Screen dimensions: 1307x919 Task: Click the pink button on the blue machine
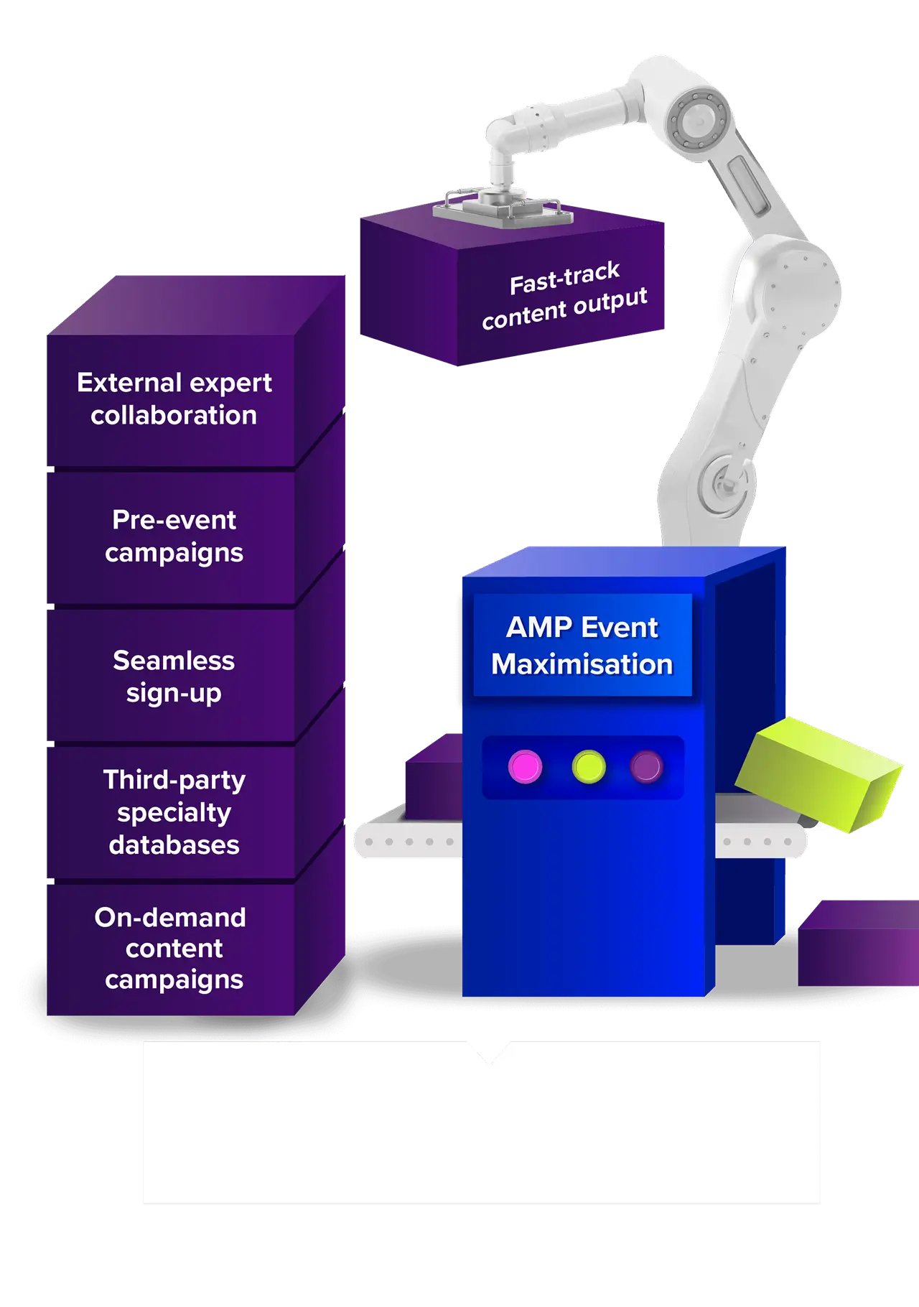[x=525, y=767]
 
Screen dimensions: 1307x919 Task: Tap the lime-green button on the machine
[x=589, y=767]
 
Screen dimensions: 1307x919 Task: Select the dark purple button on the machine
[x=646, y=767]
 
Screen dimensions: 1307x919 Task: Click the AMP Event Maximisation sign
[x=582, y=645]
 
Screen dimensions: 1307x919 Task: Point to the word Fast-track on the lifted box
[x=564, y=278]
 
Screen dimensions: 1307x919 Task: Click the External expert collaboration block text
[x=174, y=399]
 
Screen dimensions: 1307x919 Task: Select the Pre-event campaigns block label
[x=174, y=536]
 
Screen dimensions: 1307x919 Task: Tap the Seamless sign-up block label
[x=174, y=676]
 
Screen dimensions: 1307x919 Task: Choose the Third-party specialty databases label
[x=174, y=811]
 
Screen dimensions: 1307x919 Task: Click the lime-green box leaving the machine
[x=818, y=772]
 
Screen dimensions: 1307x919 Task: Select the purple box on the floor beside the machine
[x=858, y=948]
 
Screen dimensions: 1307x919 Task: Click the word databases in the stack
[x=174, y=845]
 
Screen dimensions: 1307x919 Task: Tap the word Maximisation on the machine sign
[x=582, y=664]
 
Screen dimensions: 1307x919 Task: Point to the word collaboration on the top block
[x=174, y=415]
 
